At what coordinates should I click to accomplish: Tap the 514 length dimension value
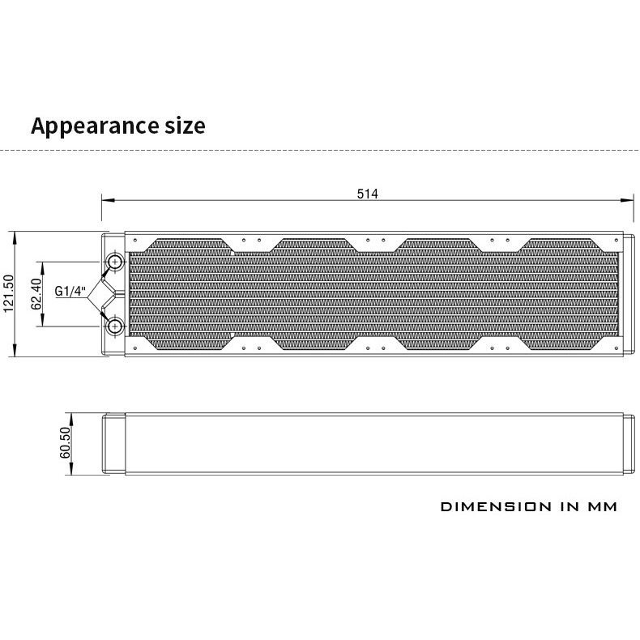367,194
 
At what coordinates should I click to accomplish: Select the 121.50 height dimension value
9,294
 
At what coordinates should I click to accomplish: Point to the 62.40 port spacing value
36,294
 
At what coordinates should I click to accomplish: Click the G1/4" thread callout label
70,292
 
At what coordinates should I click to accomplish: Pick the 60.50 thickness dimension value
66,442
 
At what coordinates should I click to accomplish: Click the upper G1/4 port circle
115,262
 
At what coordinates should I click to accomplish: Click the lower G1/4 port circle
115,326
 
